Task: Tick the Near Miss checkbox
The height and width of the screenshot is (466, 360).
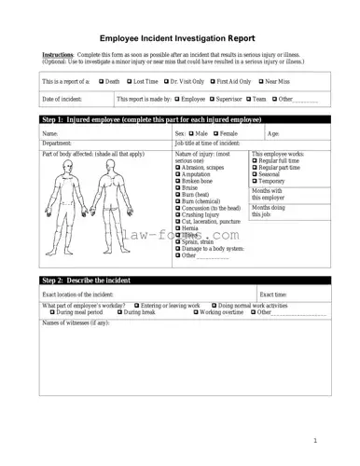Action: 260,82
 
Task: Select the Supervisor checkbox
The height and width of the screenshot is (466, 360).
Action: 213,98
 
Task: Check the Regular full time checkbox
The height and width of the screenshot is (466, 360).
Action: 255,160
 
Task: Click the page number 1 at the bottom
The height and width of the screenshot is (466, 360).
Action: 315,441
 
